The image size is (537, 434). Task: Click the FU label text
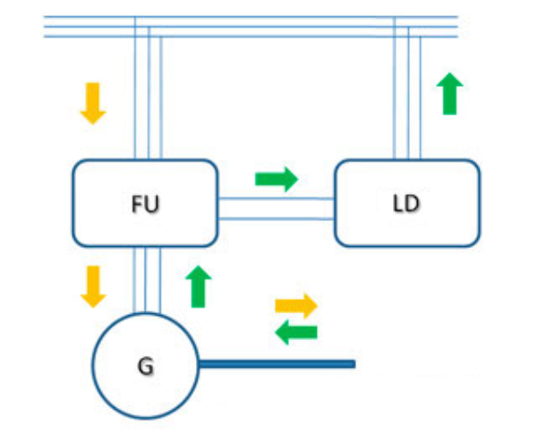[x=144, y=204]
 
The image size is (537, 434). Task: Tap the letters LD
[x=405, y=204]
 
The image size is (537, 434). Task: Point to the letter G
[x=143, y=364]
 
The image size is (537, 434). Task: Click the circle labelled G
[x=116, y=385]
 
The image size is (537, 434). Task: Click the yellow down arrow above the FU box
[x=93, y=102]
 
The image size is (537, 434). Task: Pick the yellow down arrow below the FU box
[x=93, y=285]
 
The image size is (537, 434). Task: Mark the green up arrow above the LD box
[x=450, y=94]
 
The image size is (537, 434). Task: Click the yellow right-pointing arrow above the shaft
[x=296, y=306]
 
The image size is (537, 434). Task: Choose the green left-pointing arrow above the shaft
[x=295, y=333]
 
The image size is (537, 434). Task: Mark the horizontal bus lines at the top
[x=268, y=27]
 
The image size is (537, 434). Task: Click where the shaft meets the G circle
[x=197, y=363]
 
